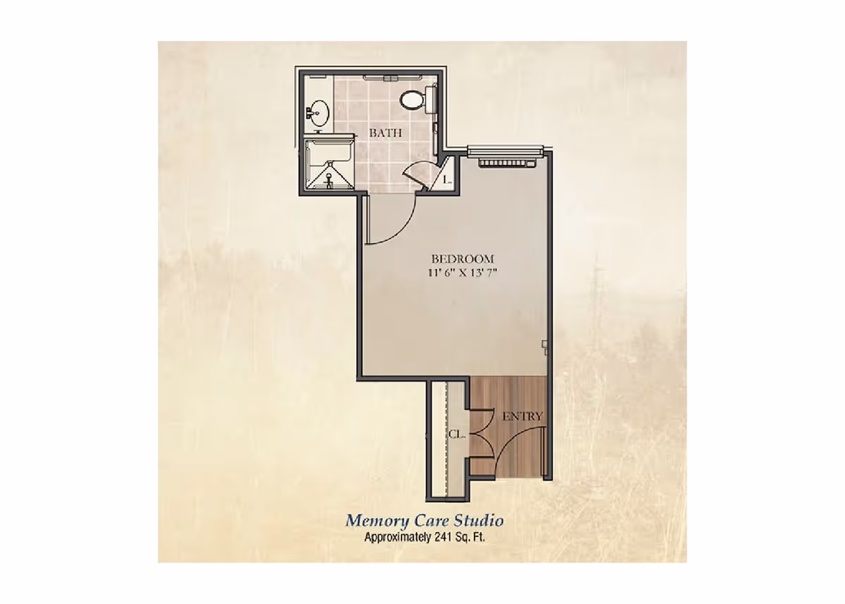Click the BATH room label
tap(386, 132)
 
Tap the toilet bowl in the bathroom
tap(411, 99)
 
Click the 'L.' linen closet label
tap(446, 180)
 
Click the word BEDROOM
tap(463, 259)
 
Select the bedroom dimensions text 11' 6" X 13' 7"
tap(463, 273)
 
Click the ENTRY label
tap(522, 417)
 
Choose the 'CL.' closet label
tap(456, 434)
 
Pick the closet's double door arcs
tap(479, 433)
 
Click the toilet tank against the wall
tap(431, 98)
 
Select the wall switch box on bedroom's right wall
tap(545, 344)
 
